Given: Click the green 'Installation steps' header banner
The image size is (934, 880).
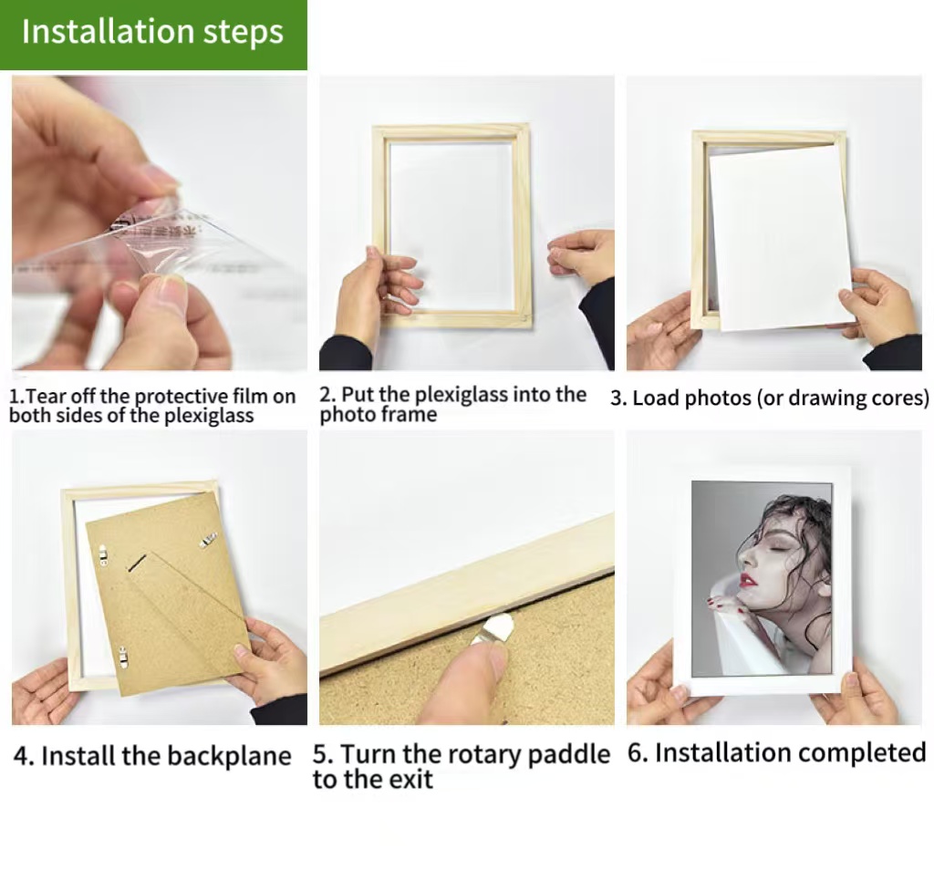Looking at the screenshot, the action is pos(153,35).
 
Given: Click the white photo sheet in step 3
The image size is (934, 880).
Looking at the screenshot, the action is pos(782,237).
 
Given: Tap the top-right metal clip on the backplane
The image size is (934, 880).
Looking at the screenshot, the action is pos(208,540).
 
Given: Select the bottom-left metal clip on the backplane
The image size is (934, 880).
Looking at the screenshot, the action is pos(123,657).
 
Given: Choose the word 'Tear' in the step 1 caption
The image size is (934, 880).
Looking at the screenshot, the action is pos(36,397).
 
